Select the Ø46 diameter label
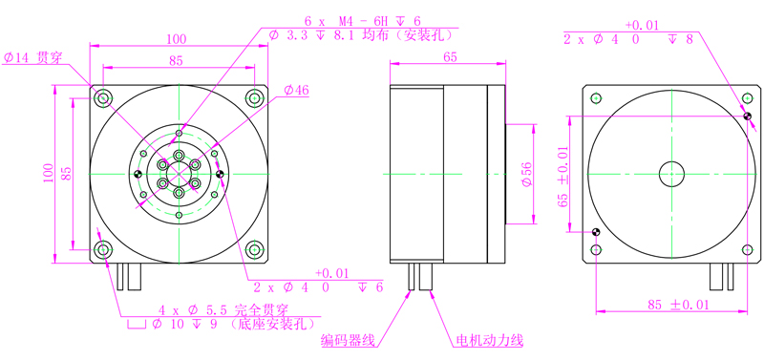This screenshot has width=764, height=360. tap(296, 90)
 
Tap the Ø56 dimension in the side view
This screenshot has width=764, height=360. tap(525, 174)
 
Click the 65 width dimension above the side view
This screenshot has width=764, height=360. tap(450, 57)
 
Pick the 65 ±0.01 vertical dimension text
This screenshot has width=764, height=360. tap(563, 177)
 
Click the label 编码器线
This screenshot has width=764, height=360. tap(348, 340)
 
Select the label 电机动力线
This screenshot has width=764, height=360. tap(489, 340)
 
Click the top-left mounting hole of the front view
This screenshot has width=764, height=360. tap(103, 98)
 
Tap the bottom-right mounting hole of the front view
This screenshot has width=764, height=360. tap(254, 250)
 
